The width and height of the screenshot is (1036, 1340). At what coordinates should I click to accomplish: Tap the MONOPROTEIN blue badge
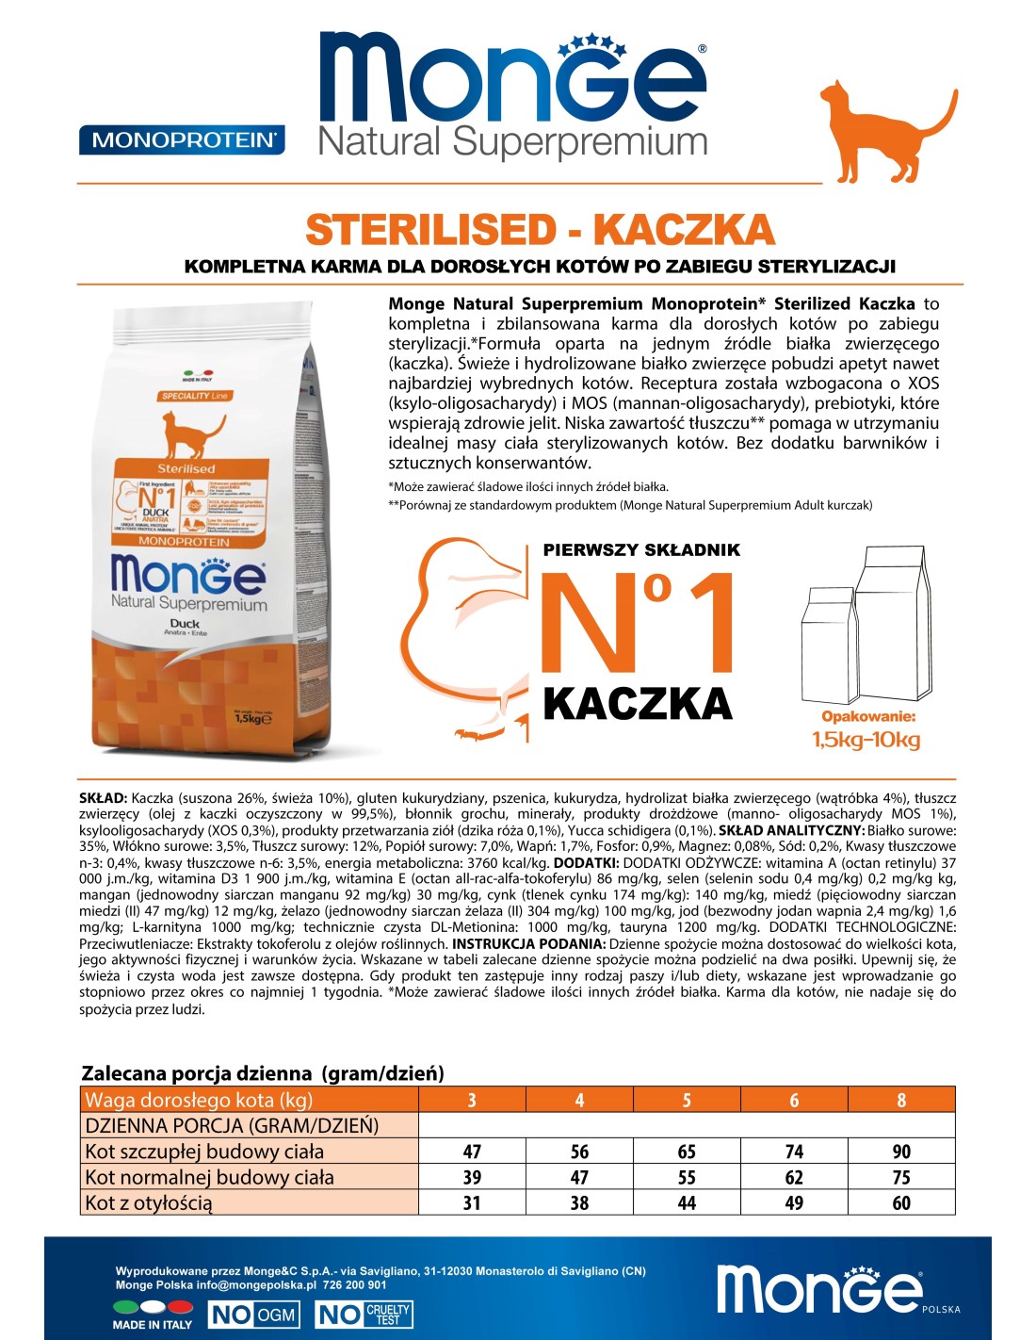tap(182, 140)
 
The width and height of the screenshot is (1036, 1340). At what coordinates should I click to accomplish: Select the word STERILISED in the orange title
tap(431, 230)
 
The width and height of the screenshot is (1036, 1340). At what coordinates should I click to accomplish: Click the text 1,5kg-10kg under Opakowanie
tap(866, 740)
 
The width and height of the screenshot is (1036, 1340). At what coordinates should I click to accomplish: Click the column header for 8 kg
tap(901, 1101)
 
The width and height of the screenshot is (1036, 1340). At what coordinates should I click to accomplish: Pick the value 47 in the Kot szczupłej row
tap(472, 1152)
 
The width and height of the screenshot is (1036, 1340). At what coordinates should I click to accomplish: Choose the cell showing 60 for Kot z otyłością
tap(901, 1203)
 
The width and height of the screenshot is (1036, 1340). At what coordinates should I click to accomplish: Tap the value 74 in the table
tap(794, 1152)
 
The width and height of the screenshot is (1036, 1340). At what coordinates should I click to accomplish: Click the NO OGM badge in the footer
tap(253, 1315)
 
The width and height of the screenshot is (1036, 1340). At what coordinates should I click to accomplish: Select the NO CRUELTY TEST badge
tap(364, 1315)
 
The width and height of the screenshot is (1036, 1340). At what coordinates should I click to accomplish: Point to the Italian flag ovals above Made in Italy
tap(153, 1307)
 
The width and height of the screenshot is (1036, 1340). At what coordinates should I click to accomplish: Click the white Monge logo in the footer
tap(819, 1287)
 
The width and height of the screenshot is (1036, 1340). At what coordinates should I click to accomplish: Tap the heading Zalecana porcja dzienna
tap(263, 1073)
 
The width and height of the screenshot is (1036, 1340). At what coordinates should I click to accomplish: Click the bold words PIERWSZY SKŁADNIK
tap(641, 549)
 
